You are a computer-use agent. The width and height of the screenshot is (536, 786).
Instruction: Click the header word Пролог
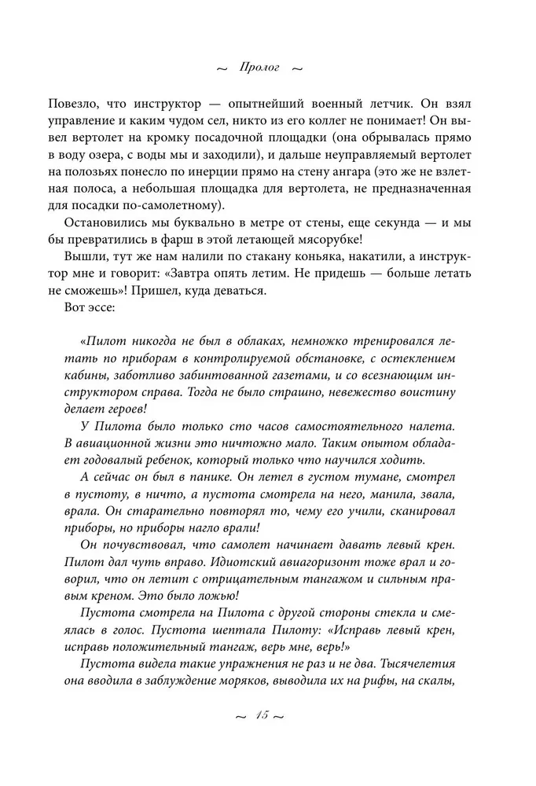click(255, 68)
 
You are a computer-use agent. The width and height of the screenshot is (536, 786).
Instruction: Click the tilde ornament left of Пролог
click(221, 68)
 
